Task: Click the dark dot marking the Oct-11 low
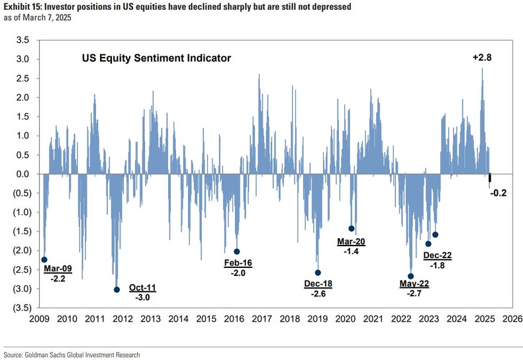pos(117,289)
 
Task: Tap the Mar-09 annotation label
pos(58,269)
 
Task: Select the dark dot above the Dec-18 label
pos(318,273)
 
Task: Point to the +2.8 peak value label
pos(482,58)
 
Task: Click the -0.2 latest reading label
pos(498,193)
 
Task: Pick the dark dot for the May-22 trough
pos(411,276)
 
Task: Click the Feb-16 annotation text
pos(238,263)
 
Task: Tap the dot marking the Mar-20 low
pos(352,228)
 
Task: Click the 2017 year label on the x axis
pos(261,319)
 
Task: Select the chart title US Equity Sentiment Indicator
pos(156,58)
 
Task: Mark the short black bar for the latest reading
pos(490,178)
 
